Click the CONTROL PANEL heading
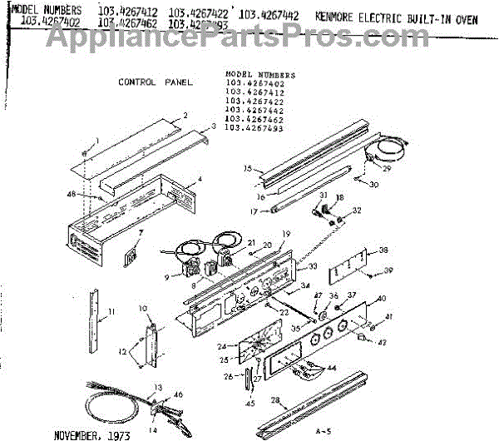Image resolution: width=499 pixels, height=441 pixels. click(x=155, y=82)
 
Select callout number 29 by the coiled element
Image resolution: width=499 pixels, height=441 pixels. click(x=386, y=168)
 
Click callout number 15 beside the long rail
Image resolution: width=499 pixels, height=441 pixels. click(x=247, y=168)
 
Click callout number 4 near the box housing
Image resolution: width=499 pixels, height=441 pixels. click(x=200, y=180)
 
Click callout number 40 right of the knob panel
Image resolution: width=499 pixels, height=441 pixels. click(x=382, y=299)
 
